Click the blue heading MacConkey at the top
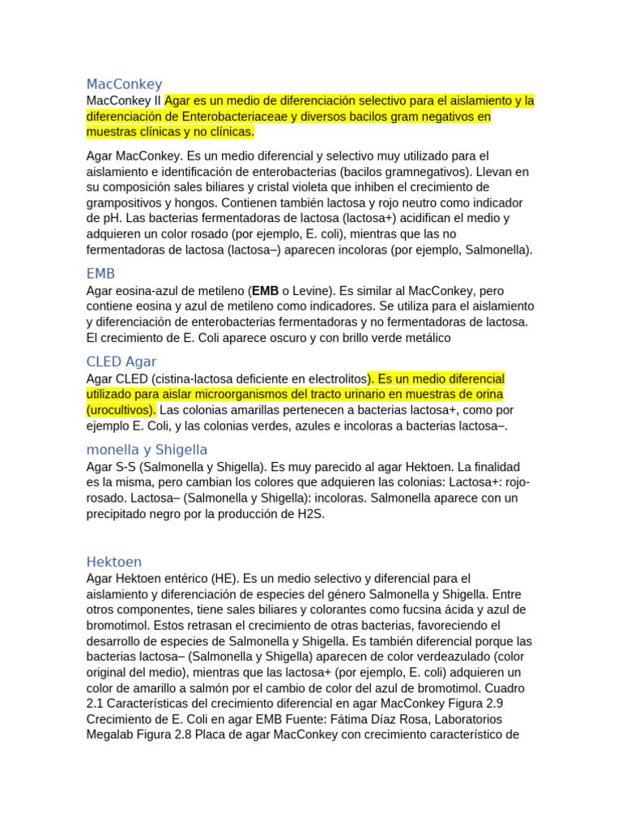124,83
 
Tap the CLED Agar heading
121,362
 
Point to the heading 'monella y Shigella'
147,449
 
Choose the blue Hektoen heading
113,562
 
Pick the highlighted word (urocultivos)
121,409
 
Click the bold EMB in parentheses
265,290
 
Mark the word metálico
426,337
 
